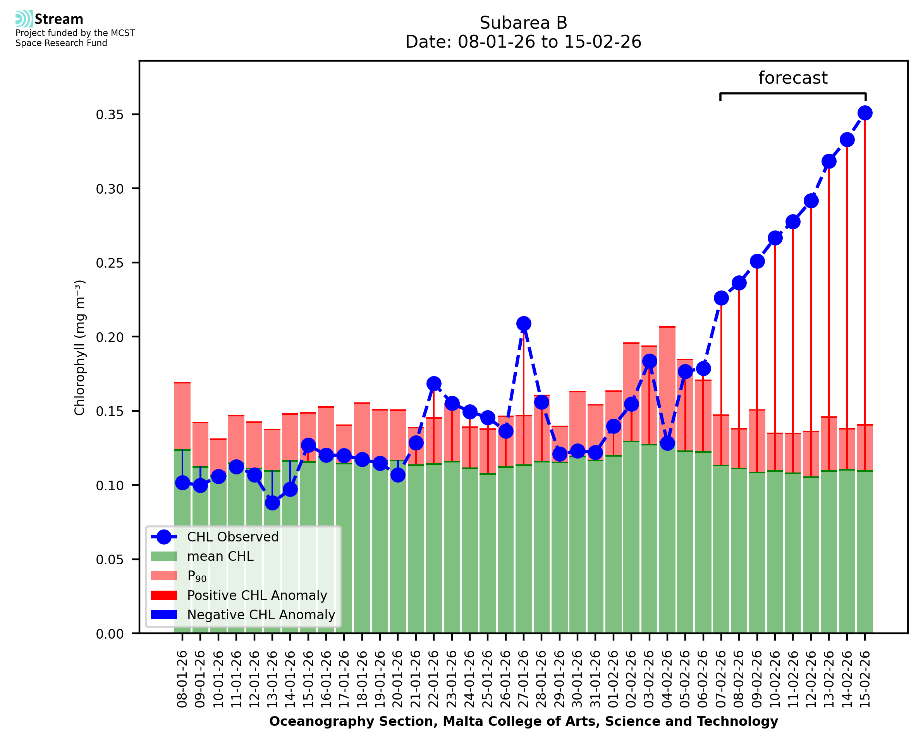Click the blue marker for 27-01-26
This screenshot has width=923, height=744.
pyautogui.click(x=523, y=323)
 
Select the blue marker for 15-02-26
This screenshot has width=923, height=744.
pyautogui.click(x=865, y=113)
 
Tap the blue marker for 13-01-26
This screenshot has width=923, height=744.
pyautogui.click(x=272, y=503)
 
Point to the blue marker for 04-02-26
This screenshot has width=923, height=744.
pyautogui.click(x=667, y=443)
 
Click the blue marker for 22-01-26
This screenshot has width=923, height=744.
pyautogui.click(x=434, y=383)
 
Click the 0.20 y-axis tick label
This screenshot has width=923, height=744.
pyautogui.click(x=109, y=337)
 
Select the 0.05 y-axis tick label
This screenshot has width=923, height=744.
pyautogui.click(x=109, y=560)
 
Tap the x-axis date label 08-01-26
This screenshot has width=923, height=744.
pyautogui.click(x=182, y=679)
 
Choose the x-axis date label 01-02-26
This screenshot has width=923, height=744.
pyautogui.click(x=613, y=679)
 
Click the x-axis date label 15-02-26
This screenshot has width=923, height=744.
pyautogui.click(x=865, y=679)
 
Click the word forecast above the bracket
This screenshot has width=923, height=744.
pyautogui.click(x=793, y=78)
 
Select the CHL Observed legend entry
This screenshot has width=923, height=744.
pyautogui.click(x=233, y=537)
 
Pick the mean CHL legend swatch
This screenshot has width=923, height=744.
pyautogui.click(x=164, y=556)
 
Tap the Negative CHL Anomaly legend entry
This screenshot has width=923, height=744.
pyautogui.click(x=261, y=615)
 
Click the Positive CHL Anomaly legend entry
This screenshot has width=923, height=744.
pyautogui.click(x=257, y=595)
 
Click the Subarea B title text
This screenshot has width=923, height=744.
pyautogui.click(x=523, y=23)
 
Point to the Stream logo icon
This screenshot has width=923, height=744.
pyautogui.click(x=24, y=19)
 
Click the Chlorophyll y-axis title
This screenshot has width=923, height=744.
pyautogui.click(x=80, y=347)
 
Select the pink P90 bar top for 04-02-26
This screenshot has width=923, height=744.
pyautogui.click(x=667, y=327)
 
